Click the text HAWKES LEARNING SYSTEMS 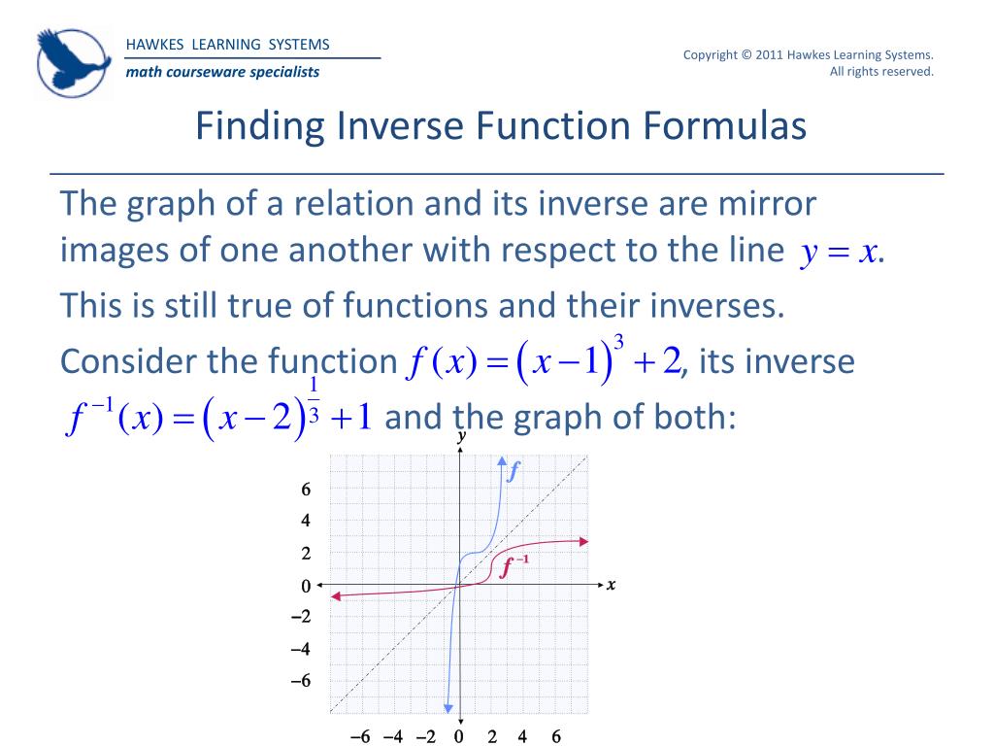coord(228,45)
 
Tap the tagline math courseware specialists coord(222,72)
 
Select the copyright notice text coord(808,62)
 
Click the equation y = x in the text coord(840,253)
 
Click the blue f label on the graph coord(514,473)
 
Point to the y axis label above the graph coord(461,439)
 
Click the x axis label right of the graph coord(612,585)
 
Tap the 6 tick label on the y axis coord(306,490)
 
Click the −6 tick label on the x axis coord(360,736)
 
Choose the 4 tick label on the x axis coord(522,736)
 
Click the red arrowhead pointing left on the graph coord(336,596)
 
